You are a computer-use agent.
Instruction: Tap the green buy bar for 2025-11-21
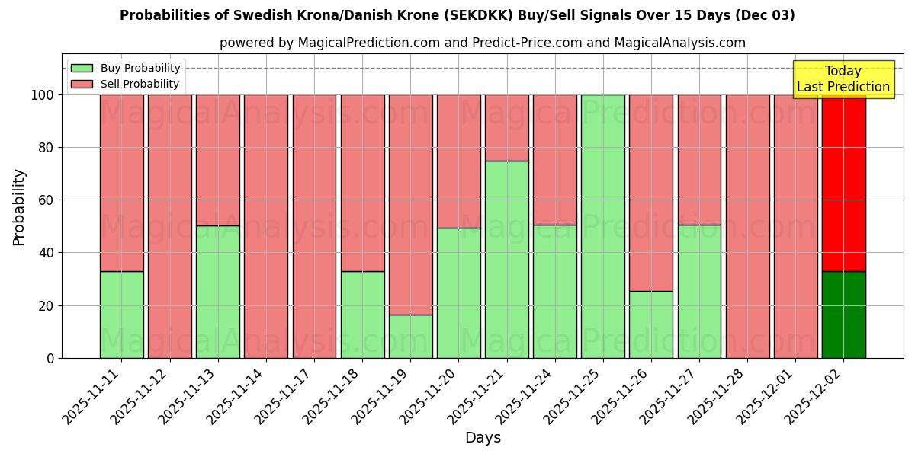507,259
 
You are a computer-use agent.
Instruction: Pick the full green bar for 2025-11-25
603,226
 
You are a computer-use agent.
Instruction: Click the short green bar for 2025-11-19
411,336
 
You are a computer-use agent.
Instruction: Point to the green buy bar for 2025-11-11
122,315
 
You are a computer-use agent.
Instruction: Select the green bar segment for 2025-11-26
651,324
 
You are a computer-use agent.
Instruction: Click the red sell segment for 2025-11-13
218,160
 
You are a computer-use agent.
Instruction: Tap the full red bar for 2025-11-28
747,226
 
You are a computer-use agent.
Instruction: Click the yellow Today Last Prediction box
843,79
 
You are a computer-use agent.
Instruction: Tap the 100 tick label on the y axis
43,95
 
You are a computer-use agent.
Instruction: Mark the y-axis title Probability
19,206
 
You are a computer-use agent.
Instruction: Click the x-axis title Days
483,438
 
